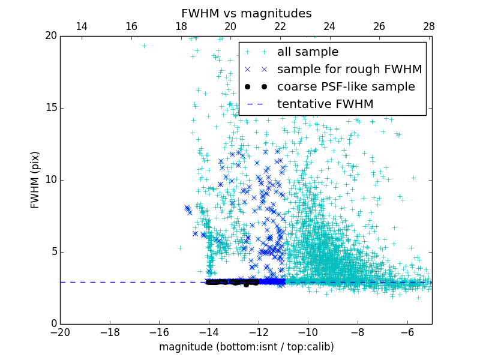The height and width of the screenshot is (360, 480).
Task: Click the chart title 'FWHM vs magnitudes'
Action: pyautogui.click(x=246, y=13)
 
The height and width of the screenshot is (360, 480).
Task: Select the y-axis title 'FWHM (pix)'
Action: pyautogui.click(x=35, y=180)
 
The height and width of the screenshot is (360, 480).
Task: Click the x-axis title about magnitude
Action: pyautogui.click(x=246, y=347)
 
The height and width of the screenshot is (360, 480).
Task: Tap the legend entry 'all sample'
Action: pyautogui.click(x=308, y=52)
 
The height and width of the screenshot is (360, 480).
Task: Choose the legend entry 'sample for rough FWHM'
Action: pyautogui.click(x=349, y=70)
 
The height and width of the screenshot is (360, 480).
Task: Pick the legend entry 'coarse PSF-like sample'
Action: pyautogui.click(x=346, y=87)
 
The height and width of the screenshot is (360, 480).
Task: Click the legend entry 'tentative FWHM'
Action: pyautogui.click(x=325, y=104)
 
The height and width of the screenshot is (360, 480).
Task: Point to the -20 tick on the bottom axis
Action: pyautogui.click(x=60, y=332)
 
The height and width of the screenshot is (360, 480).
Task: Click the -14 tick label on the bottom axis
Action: pyautogui.click(x=209, y=332)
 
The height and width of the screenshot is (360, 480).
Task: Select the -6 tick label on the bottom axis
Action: pyautogui.click(x=407, y=332)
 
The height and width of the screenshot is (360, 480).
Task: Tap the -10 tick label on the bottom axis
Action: pyautogui.click(x=308, y=332)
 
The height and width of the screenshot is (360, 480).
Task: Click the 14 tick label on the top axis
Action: pyautogui.click(x=82, y=26)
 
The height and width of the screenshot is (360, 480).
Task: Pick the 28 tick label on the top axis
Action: pyautogui.click(x=429, y=26)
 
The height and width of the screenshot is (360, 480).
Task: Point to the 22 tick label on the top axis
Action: pyautogui.click(x=280, y=26)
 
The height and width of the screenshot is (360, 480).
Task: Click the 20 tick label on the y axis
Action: pyautogui.click(x=50, y=36)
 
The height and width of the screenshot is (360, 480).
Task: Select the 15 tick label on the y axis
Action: pyautogui.click(x=50, y=108)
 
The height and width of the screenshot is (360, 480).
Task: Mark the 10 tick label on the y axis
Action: pyautogui.click(x=50, y=180)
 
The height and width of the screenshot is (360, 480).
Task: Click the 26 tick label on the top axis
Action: pyautogui.click(x=379, y=26)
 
